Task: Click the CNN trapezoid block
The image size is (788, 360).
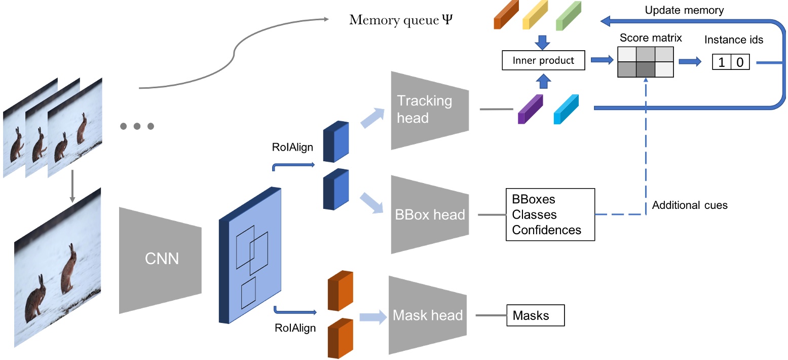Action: click(x=160, y=260)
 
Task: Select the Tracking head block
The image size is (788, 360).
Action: click(x=430, y=110)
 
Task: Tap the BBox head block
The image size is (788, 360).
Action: click(x=430, y=214)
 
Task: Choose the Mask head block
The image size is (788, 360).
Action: click(x=428, y=315)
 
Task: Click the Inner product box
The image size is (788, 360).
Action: click(x=543, y=61)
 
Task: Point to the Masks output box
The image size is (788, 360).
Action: click(x=535, y=316)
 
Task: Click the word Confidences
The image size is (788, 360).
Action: click(x=546, y=230)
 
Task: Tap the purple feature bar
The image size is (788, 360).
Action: click(x=530, y=110)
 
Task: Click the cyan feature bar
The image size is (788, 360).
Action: click(x=567, y=110)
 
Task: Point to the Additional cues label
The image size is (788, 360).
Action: click(x=690, y=205)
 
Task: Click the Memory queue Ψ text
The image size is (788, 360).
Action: click(x=400, y=21)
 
